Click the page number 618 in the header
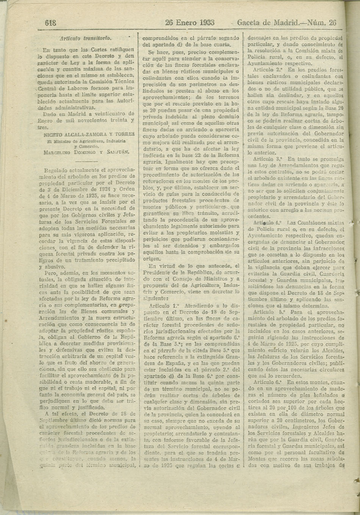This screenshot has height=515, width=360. (x=51, y=22)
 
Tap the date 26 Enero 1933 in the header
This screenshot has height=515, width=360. (x=190, y=22)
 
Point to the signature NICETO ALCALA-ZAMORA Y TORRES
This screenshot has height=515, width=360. (x=89, y=134)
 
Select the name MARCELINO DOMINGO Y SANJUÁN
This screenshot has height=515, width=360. (x=86, y=152)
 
